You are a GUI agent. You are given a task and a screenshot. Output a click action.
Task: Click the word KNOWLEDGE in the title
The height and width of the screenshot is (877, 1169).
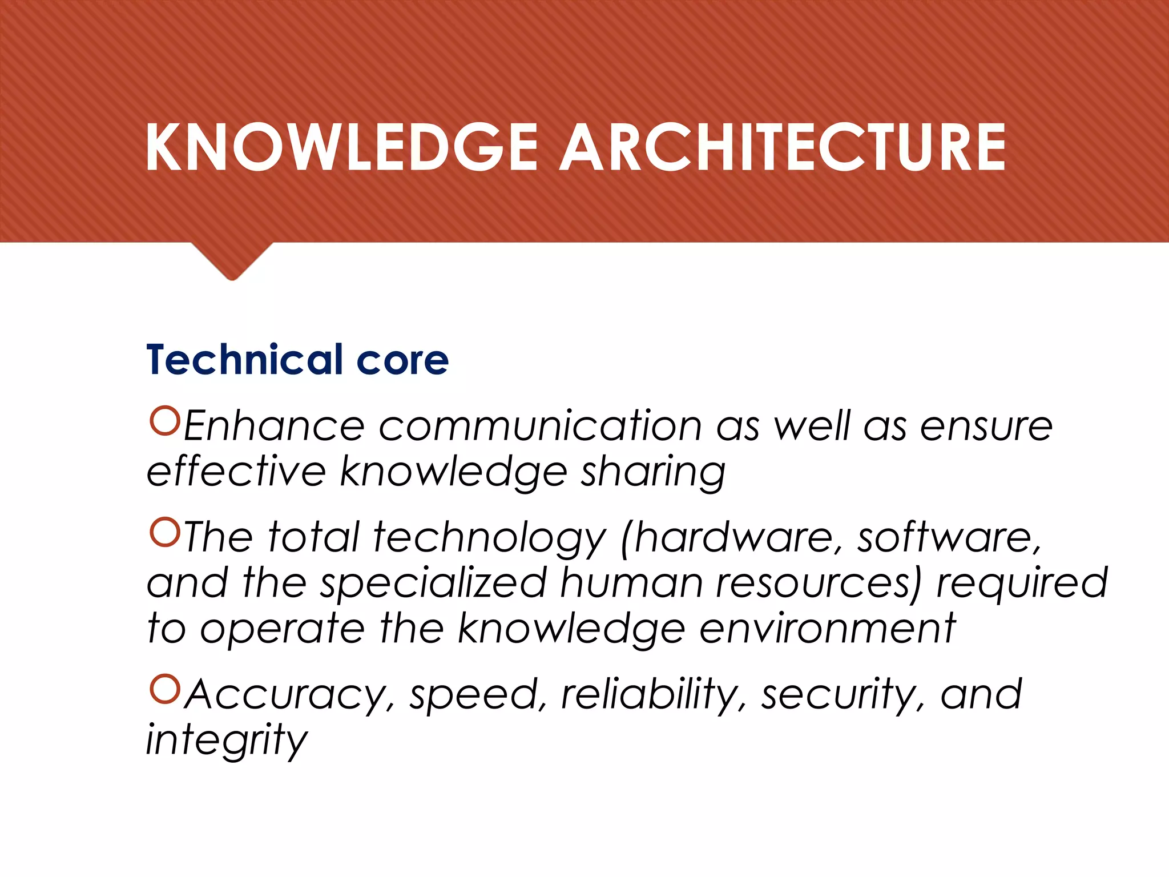[341, 147]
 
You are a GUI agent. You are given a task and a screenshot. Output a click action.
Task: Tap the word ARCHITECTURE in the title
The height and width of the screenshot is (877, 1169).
[782, 147]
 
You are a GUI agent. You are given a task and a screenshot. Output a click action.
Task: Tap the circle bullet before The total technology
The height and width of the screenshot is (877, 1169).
[164, 532]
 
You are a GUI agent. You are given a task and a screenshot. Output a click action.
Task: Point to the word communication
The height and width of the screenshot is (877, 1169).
[540, 427]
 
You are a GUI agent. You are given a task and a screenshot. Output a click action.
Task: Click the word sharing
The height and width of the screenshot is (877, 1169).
[653, 473]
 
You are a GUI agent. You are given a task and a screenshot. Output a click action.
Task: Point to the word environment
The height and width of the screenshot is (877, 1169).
[827, 629]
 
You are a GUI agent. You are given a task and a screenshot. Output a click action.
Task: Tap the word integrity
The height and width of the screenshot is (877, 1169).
[227, 741]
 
